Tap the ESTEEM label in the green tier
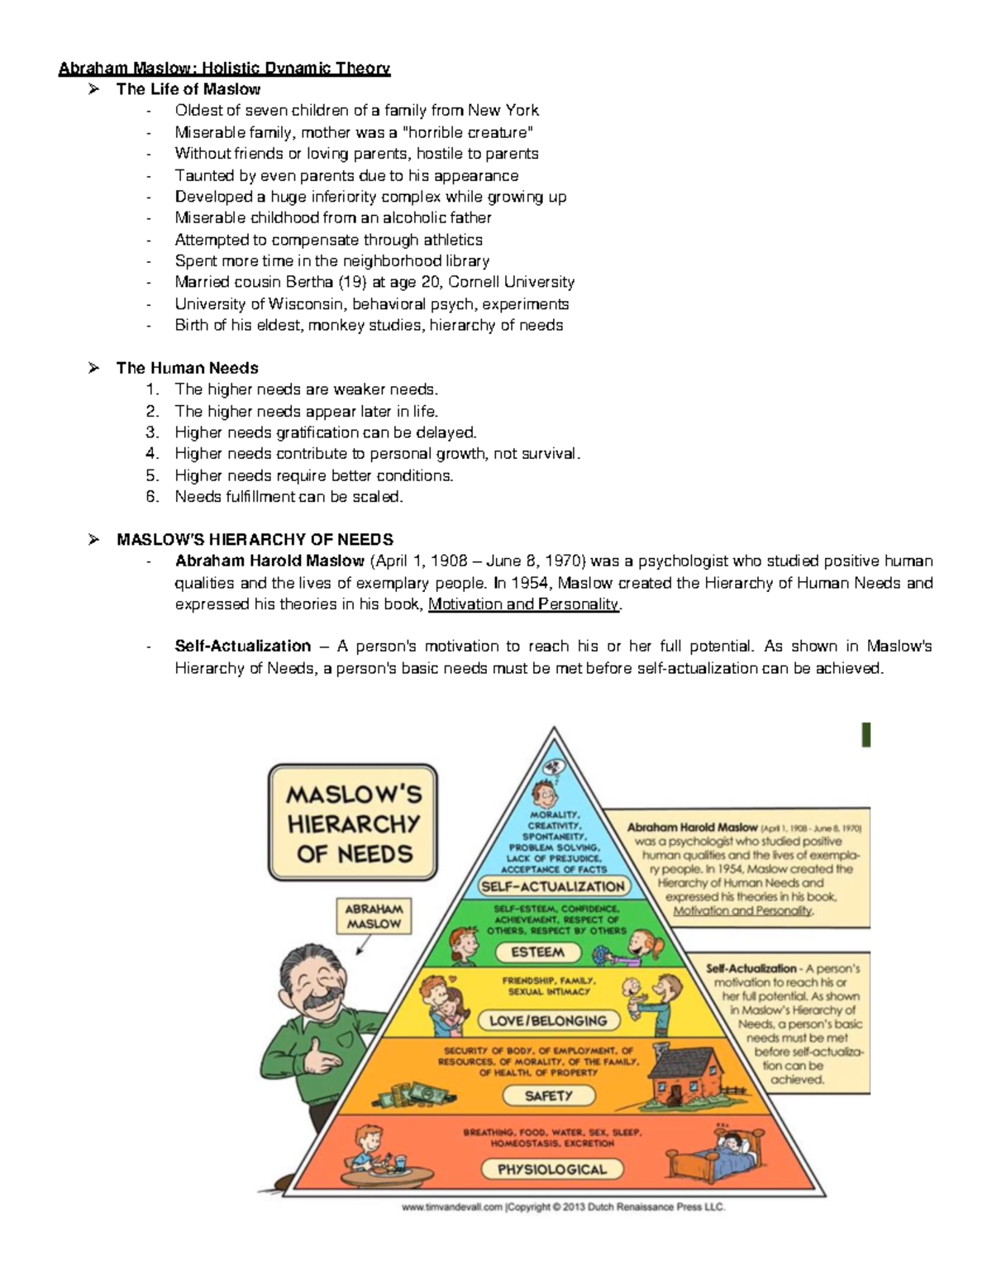[537, 952]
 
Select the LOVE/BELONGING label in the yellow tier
[548, 1020]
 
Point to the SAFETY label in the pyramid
[548, 1095]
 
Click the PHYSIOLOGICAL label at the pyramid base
[552, 1169]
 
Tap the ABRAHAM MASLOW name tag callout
[374, 916]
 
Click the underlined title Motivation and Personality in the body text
[523, 604]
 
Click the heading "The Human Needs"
[187, 368]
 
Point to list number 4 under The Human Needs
[151, 454]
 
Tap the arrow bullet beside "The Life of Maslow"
[93, 89]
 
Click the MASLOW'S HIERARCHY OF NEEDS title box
[353, 823]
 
